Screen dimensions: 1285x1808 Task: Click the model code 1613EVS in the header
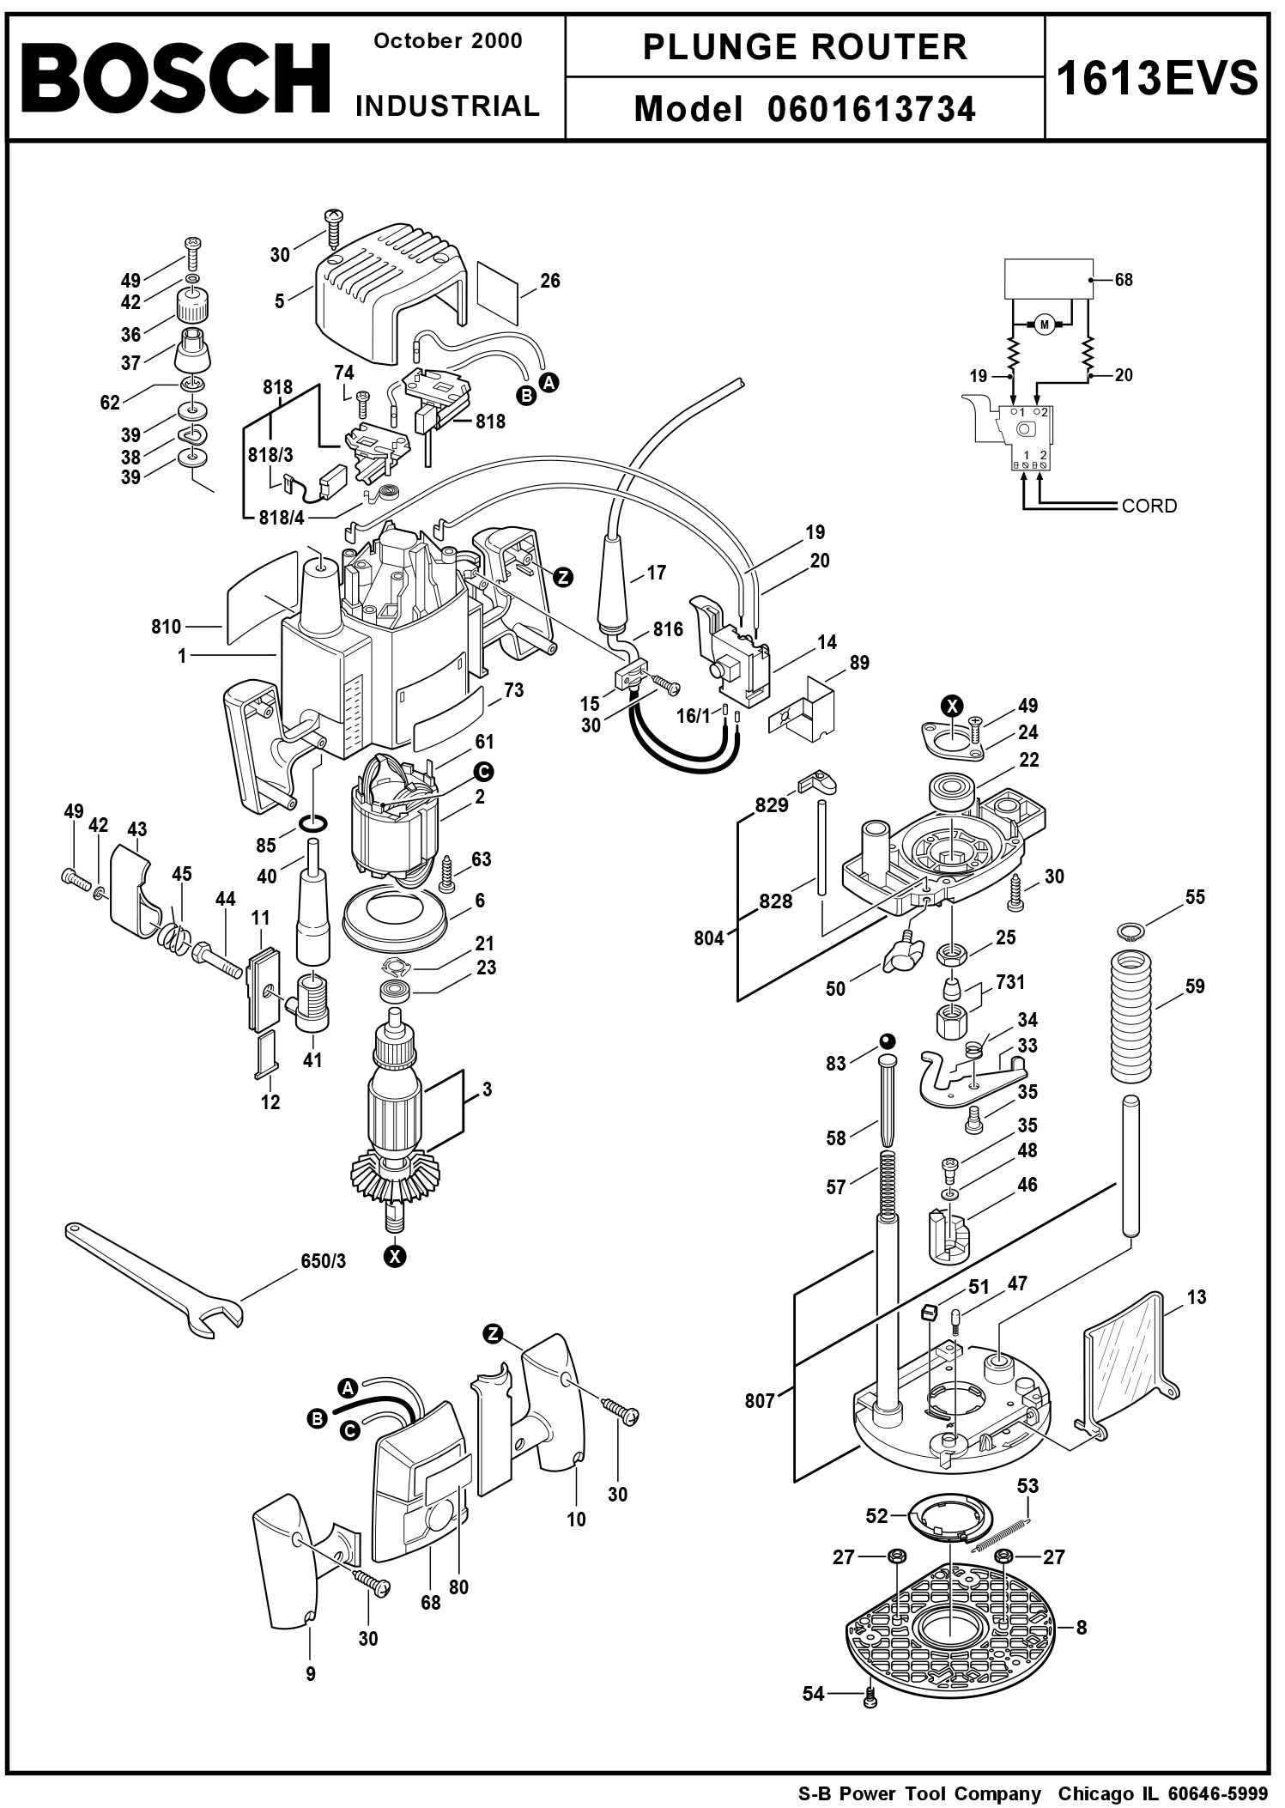point(1156,79)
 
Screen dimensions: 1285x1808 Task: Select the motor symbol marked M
point(1044,324)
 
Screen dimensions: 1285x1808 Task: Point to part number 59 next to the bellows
point(1195,986)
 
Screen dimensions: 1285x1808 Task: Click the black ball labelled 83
point(886,1041)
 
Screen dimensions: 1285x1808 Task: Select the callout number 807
point(760,1401)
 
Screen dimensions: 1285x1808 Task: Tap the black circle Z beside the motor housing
point(563,577)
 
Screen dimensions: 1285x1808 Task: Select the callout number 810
point(167,627)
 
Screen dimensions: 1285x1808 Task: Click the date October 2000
point(448,41)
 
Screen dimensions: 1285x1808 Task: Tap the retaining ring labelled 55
point(1130,929)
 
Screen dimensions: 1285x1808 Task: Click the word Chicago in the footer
point(1097,1793)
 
